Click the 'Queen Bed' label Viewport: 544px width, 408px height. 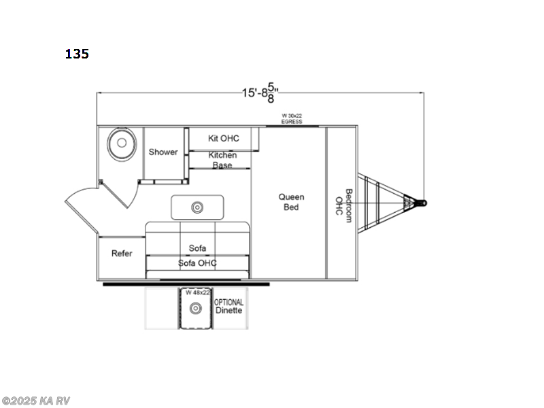[291, 202]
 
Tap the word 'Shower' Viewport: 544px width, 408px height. [163, 152]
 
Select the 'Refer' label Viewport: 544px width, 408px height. [122, 254]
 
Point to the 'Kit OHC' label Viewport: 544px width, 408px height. [224, 139]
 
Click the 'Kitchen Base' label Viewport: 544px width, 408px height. [222, 160]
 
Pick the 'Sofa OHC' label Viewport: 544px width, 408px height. [197, 262]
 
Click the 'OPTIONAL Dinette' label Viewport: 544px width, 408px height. [228, 305]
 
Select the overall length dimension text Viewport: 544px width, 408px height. [260, 92]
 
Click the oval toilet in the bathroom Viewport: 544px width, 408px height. [120, 143]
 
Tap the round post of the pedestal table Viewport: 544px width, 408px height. [197, 207]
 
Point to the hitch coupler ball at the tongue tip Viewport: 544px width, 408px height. [424, 202]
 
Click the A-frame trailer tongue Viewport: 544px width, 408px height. [384, 202]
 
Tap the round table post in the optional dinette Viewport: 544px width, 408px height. [196, 308]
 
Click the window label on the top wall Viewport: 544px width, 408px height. [292, 118]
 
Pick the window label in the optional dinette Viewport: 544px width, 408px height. [196, 292]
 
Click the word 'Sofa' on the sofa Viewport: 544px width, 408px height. [197, 248]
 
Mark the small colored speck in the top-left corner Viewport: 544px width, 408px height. [76, 53]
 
